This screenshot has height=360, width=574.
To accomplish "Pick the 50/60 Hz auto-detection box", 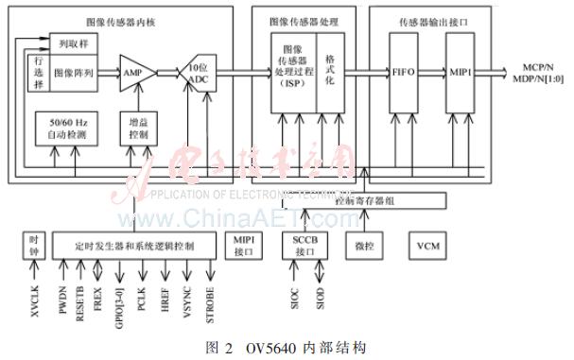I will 61,129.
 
